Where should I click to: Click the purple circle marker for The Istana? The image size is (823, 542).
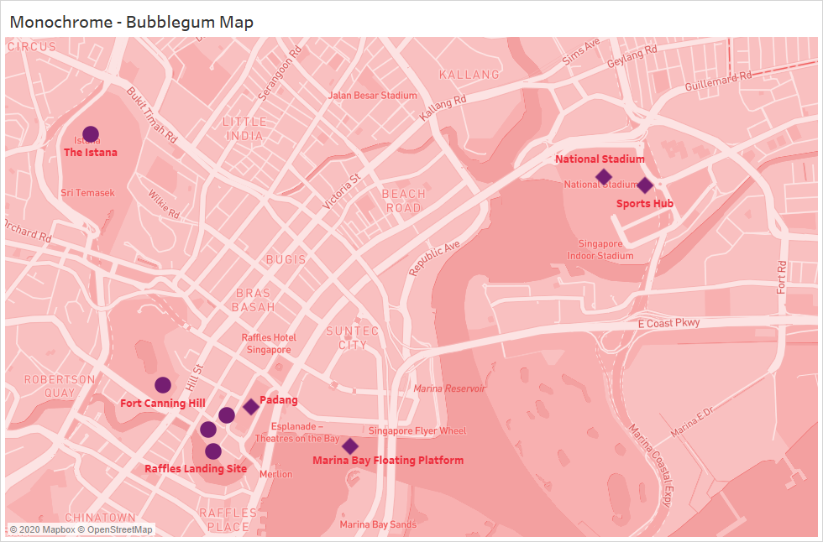click(91, 133)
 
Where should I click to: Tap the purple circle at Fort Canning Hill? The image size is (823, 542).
click(163, 385)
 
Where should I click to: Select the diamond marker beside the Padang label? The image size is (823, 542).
click(251, 407)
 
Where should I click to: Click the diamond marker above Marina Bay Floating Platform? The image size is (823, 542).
click(350, 446)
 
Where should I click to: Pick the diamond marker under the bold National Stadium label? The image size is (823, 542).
click(603, 176)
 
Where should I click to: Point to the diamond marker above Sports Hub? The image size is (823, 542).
click(645, 185)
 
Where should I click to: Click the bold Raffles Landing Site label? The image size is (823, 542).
click(196, 468)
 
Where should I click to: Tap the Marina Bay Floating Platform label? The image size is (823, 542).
click(388, 460)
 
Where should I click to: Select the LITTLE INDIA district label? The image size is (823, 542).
click(244, 129)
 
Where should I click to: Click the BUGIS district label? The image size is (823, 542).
click(286, 259)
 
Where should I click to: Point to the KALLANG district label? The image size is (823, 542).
click(469, 75)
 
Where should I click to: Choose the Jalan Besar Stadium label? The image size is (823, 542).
click(373, 96)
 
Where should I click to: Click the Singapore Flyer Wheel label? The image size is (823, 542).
click(417, 431)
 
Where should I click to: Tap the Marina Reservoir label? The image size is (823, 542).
click(449, 388)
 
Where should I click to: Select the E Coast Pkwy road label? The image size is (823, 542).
click(668, 323)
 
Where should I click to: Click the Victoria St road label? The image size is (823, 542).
click(342, 191)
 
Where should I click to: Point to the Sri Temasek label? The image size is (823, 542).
click(87, 193)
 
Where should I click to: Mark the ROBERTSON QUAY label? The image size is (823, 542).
click(48, 385)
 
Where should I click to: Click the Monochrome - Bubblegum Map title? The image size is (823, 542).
click(131, 22)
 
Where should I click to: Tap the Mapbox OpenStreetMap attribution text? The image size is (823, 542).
click(81, 529)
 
